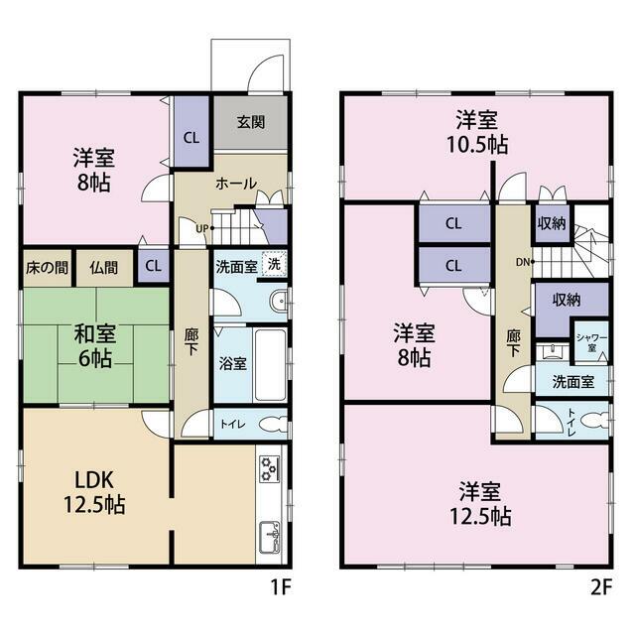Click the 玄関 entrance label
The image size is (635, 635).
pyautogui.click(x=251, y=122)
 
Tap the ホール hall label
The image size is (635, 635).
pyautogui.click(x=236, y=184)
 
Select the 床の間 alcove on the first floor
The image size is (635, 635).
pyautogui.click(x=47, y=268)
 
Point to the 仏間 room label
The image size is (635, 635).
pyautogui.click(x=103, y=267)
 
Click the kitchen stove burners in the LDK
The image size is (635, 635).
pyautogui.click(x=269, y=469)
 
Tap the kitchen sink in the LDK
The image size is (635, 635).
pyautogui.click(x=269, y=537)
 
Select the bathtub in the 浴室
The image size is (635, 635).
pyautogui.click(x=271, y=364)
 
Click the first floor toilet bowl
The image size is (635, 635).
pyautogui.click(x=273, y=425)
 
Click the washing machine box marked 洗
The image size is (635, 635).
pyautogui.click(x=274, y=265)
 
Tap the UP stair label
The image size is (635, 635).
pyautogui.click(x=202, y=228)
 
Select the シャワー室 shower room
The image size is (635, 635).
pyautogui.click(x=591, y=342)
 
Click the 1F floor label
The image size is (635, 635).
pyautogui.click(x=281, y=587)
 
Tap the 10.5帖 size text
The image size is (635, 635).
pyautogui.click(x=477, y=144)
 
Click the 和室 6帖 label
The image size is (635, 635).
pyautogui.click(x=95, y=346)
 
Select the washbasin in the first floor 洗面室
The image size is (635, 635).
pyautogui.click(x=278, y=302)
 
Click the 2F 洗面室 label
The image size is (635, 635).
pyautogui.click(x=573, y=381)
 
